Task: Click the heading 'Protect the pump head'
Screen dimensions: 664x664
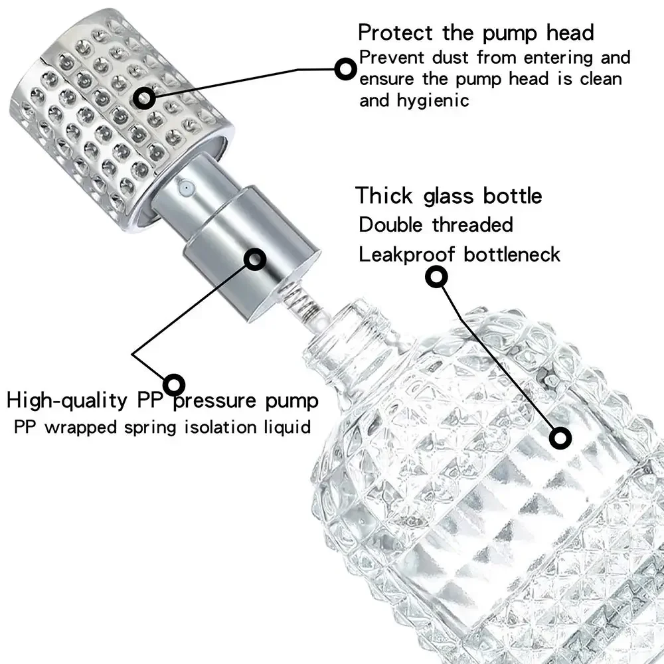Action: pyautogui.click(x=475, y=32)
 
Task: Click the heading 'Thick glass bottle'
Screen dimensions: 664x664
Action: pyautogui.click(x=449, y=196)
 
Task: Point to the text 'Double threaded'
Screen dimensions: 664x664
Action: pyautogui.click(x=436, y=224)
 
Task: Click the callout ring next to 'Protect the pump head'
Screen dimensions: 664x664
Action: pyautogui.click(x=345, y=68)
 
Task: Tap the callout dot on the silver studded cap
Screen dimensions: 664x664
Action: pyautogui.click(x=144, y=98)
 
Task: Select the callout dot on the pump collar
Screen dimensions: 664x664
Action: pyautogui.click(x=256, y=258)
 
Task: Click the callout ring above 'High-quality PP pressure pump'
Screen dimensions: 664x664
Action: pyautogui.click(x=174, y=383)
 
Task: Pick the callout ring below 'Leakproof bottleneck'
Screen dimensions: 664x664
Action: pyautogui.click(x=436, y=278)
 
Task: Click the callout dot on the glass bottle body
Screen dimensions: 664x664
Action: pyautogui.click(x=560, y=437)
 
